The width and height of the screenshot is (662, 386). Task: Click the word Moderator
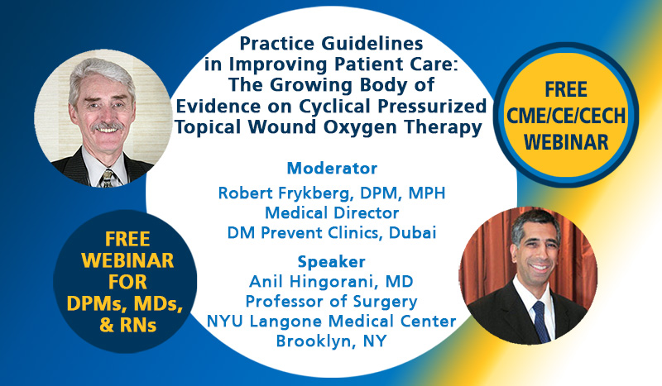tap(332, 169)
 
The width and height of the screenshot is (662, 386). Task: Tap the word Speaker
tap(332, 262)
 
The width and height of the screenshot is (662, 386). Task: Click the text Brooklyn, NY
tap(332, 341)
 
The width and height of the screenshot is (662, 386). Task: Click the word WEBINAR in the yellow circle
tap(566, 142)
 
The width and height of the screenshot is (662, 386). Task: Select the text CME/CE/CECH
tap(566, 116)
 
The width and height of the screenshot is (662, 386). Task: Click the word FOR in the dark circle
tap(127, 282)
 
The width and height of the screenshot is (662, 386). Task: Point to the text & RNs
tap(128, 326)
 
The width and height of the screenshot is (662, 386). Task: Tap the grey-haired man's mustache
tap(108, 126)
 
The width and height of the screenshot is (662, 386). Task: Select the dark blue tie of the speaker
tap(541, 322)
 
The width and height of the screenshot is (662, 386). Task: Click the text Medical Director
tap(332, 213)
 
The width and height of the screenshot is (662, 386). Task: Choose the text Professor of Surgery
tap(332, 302)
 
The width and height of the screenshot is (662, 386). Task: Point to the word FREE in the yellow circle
tap(566, 89)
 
